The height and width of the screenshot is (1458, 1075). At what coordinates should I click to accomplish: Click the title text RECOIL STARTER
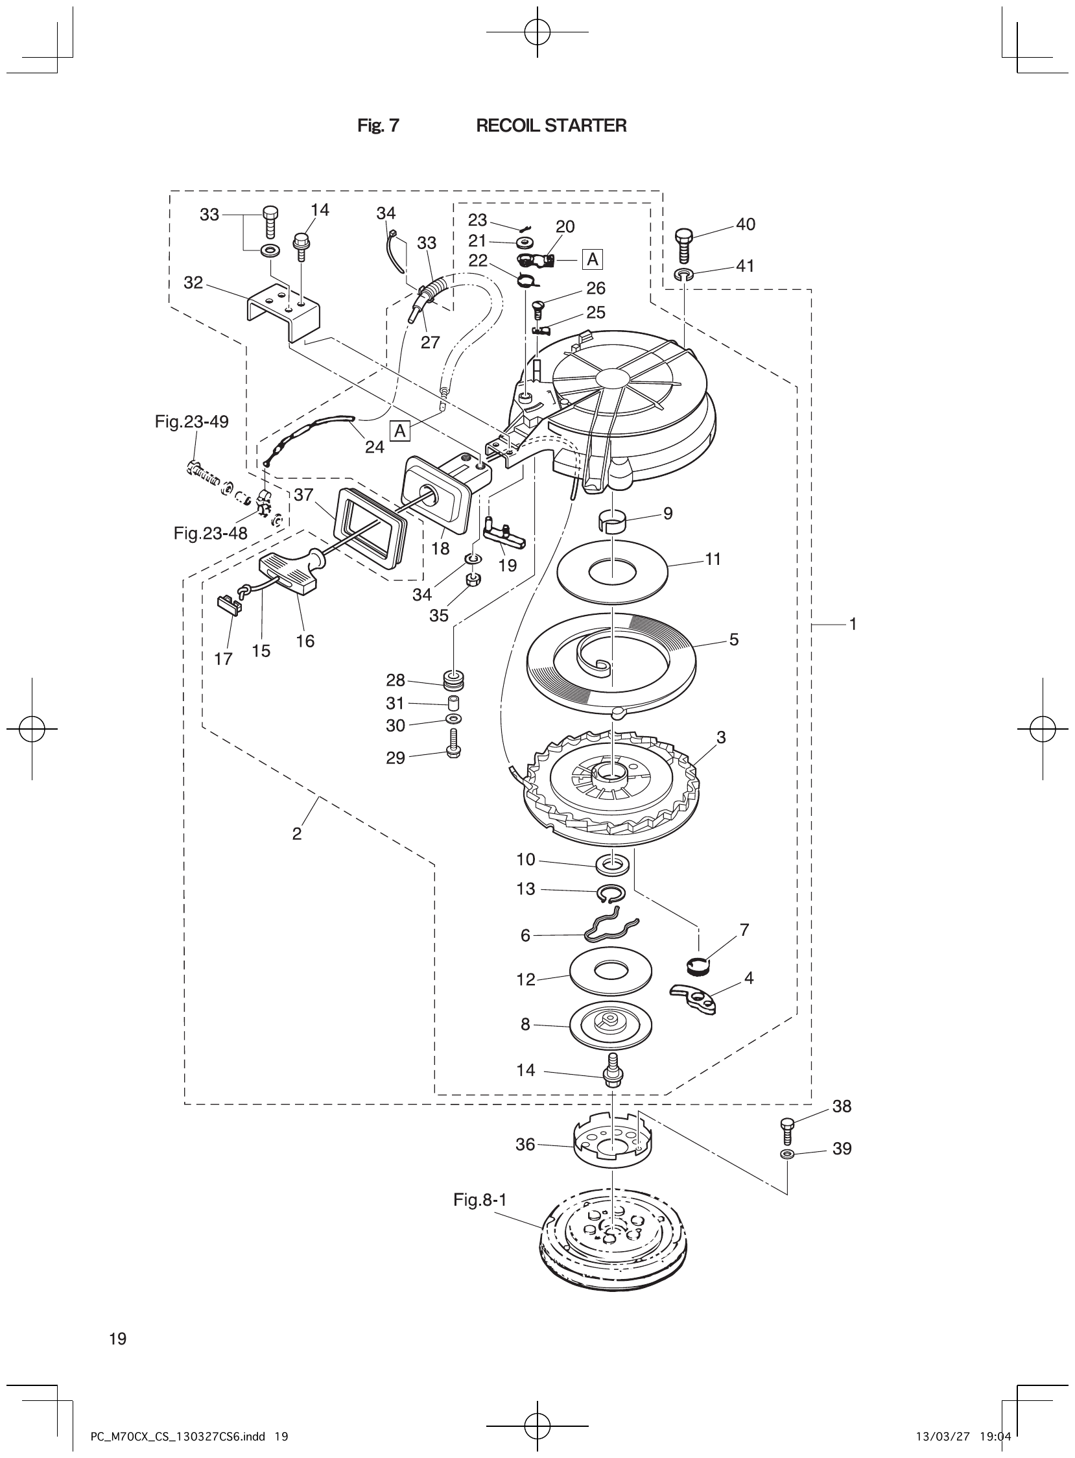click(551, 126)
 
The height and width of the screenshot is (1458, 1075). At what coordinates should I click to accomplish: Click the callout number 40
click(745, 224)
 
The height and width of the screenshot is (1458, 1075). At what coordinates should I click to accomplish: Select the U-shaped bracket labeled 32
click(285, 313)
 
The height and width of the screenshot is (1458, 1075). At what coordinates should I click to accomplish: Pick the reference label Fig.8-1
click(480, 1200)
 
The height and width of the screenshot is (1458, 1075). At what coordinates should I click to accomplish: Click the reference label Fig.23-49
click(191, 422)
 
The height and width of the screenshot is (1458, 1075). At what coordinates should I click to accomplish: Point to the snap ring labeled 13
click(611, 895)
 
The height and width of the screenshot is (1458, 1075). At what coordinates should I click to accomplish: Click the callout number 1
click(853, 624)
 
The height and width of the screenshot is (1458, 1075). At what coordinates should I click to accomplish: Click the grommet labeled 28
click(453, 680)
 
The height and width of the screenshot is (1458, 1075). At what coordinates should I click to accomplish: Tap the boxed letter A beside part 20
click(593, 259)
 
